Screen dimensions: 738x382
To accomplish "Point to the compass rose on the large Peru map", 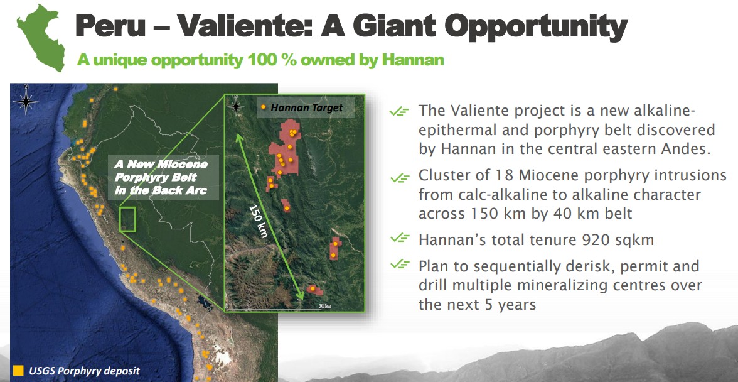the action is [x=26, y=101].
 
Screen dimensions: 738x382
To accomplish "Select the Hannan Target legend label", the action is [x=307, y=108].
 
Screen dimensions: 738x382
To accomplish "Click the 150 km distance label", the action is [x=258, y=221].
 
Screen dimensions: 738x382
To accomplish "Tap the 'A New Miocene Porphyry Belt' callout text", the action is [x=161, y=178].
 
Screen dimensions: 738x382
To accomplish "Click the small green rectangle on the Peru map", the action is [x=127, y=219].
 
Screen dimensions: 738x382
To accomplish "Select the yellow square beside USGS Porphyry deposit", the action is [x=18, y=370].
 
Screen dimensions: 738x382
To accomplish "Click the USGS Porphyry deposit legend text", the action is [x=84, y=371].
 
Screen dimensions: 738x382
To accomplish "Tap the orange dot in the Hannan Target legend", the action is [x=264, y=108].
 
